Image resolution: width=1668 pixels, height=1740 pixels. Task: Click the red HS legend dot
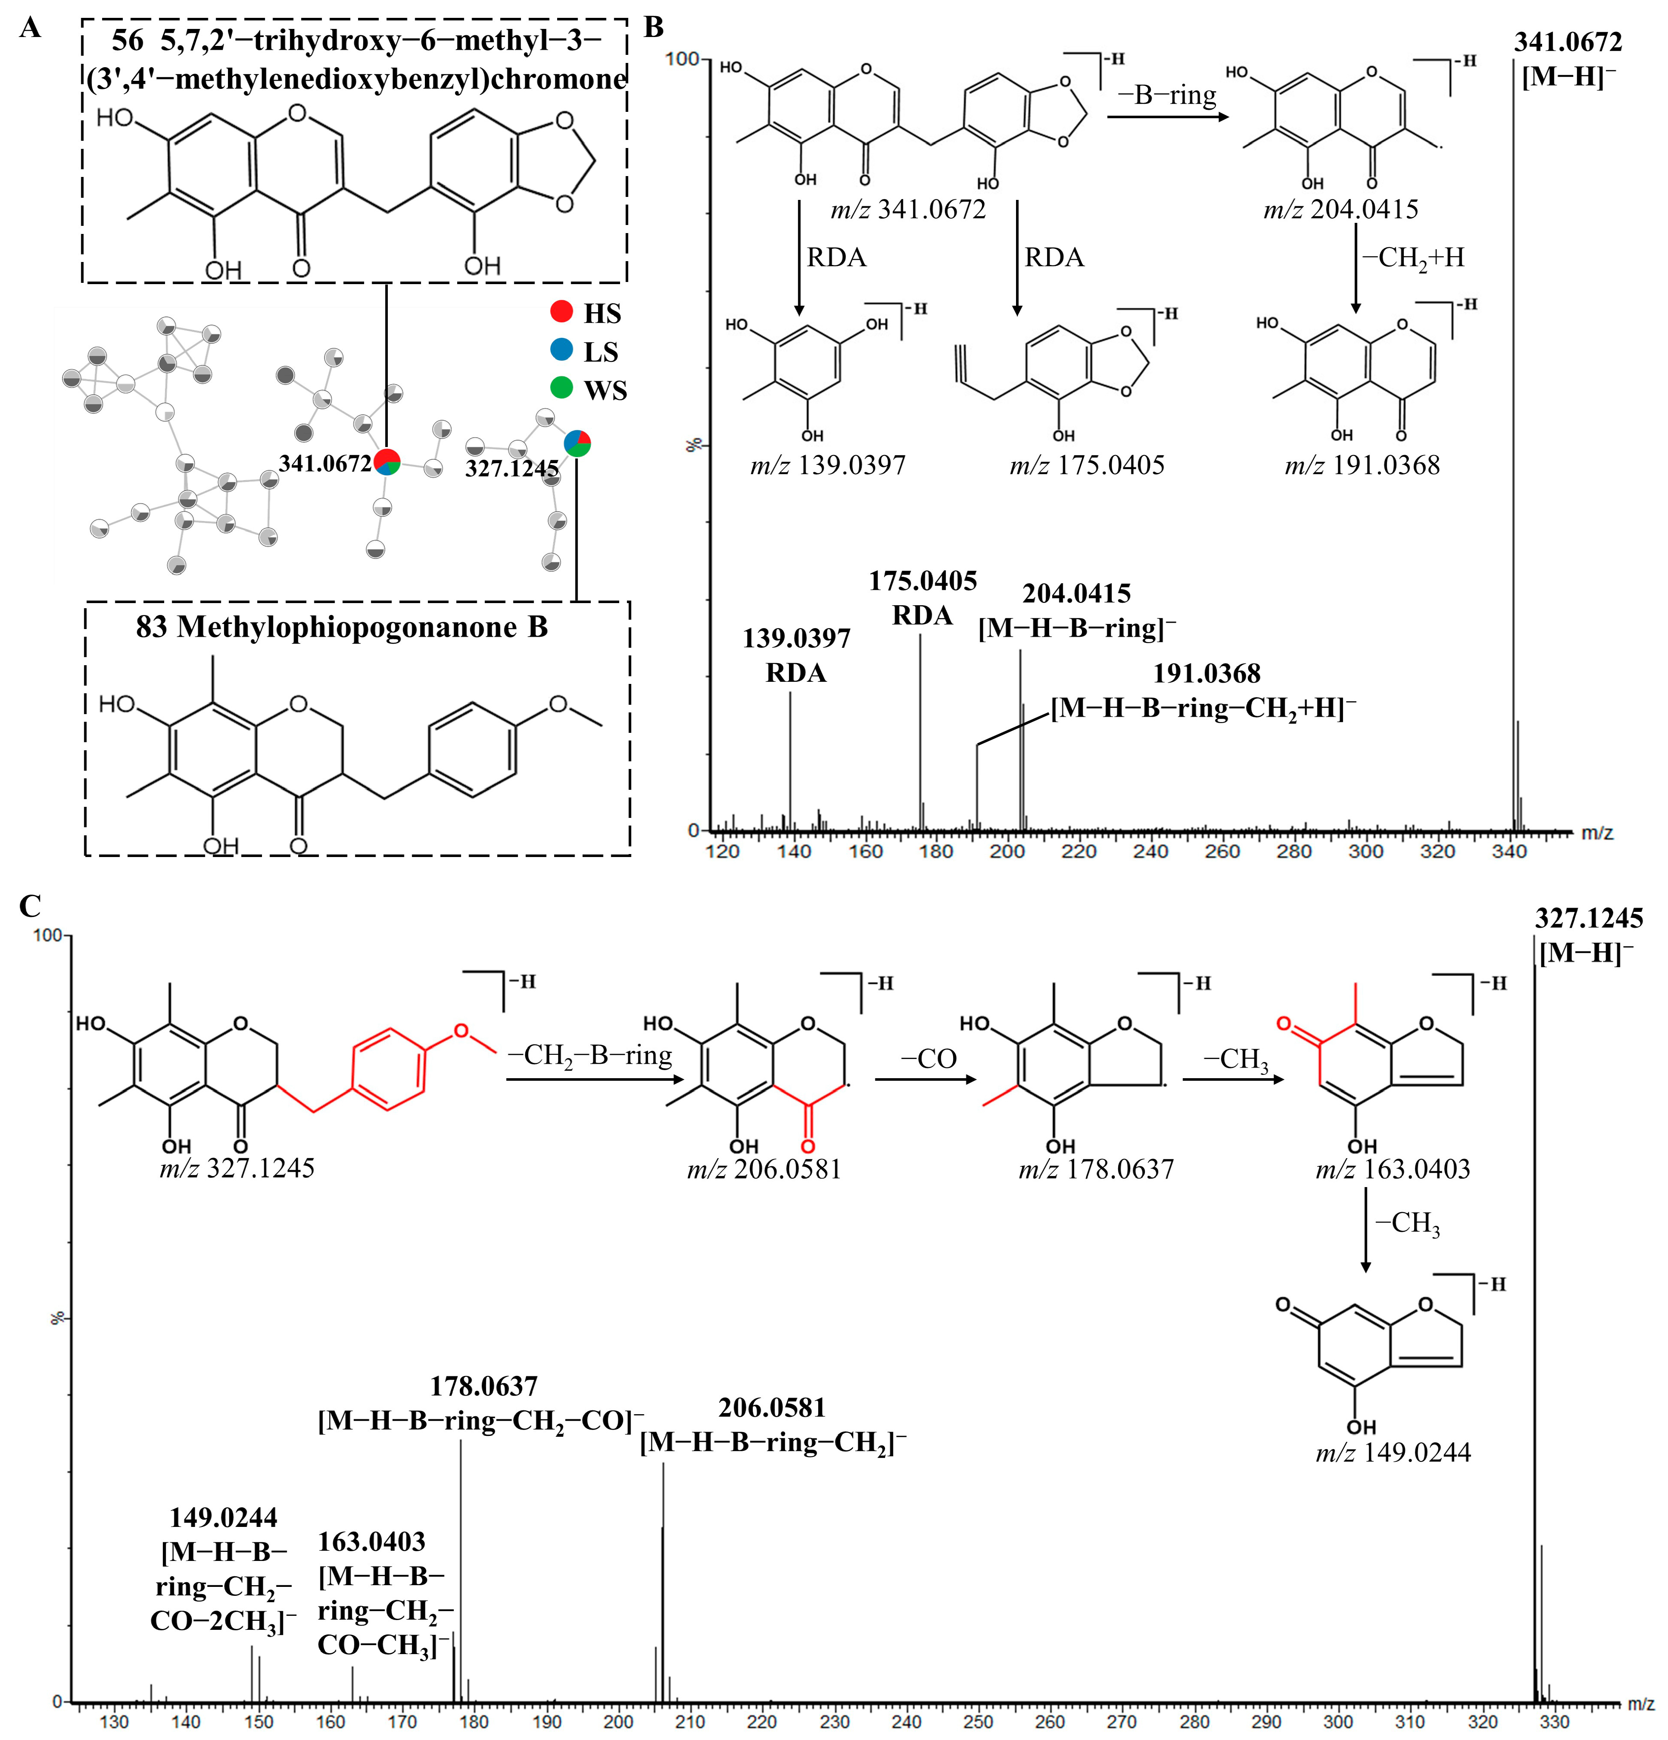[x=561, y=312]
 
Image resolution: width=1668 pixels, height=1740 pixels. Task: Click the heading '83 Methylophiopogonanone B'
[x=342, y=628]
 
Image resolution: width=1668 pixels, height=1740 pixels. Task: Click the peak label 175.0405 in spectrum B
[x=922, y=581]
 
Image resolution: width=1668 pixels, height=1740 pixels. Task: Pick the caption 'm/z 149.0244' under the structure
[x=1393, y=1452]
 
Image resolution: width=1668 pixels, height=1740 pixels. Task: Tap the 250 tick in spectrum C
[x=978, y=1722]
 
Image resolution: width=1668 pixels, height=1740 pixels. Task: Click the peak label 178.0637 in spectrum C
[x=484, y=1387]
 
